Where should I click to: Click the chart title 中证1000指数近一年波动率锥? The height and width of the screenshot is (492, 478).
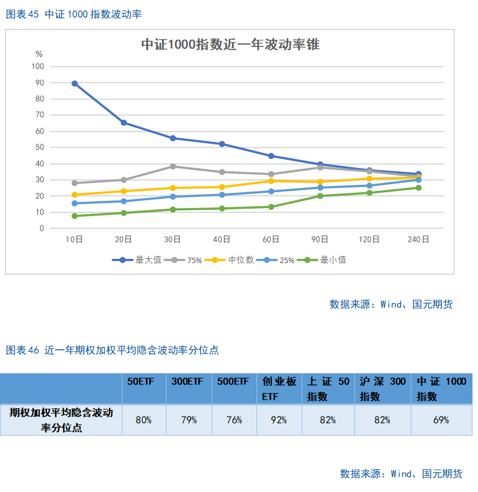pyautogui.click(x=230, y=45)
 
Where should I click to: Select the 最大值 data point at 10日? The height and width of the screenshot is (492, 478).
pyautogui.click(x=75, y=83)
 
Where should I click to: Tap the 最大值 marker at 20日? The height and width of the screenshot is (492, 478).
pyautogui.click(x=124, y=123)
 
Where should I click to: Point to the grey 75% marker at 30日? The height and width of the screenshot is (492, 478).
pyautogui.click(x=173, y=166)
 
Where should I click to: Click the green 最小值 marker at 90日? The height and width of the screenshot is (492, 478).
pyautogui.click(x=320, y=196)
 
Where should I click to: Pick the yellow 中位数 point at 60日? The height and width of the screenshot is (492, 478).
pyautogui.click(x=271, y=181)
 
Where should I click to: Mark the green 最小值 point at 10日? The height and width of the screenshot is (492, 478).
pyautogui.click(x=75, y=216)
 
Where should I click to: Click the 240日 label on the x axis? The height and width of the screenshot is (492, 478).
pyautogui.click(x=418, y=239)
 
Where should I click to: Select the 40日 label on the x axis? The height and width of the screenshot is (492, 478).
pyautogui.click(x=222, y=239)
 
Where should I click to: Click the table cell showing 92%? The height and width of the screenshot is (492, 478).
pyautogui.click(x=280, y=420)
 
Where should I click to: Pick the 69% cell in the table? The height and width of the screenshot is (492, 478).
pyautogui.click(x=441, y=420)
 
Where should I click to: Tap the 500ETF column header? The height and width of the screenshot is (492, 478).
pyautogui.click(x=233, y=382)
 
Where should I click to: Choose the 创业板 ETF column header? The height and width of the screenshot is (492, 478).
pyautogui.click(x=279, y=389)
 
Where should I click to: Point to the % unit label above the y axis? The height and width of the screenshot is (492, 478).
pyautogui.click(x=39, y=54)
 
